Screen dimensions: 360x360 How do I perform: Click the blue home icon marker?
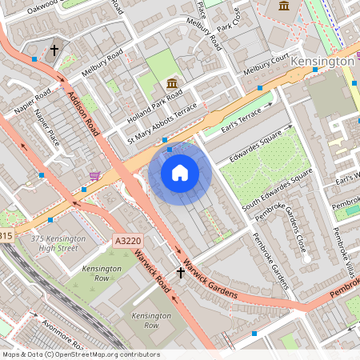point(179,173)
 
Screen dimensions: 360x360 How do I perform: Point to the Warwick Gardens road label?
point(209,279)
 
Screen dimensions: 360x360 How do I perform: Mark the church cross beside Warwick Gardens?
point(181,272)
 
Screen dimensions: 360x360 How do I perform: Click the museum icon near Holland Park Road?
point(171,83)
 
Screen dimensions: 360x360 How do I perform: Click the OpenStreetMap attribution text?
point(81,354)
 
